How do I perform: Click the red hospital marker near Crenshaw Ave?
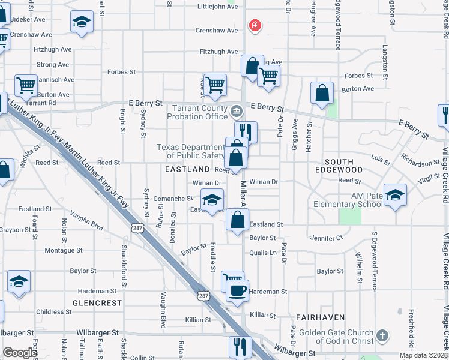pos(255,26)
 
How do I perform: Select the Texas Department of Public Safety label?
pos(190,151)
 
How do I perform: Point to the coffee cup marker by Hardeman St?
pos(237,292)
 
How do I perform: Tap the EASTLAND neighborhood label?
pos(187,170)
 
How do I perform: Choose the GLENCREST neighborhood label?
pos(97,303)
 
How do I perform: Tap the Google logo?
pos(20,353)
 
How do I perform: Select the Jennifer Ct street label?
pos(326,238)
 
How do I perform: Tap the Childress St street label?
pos(54,312)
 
